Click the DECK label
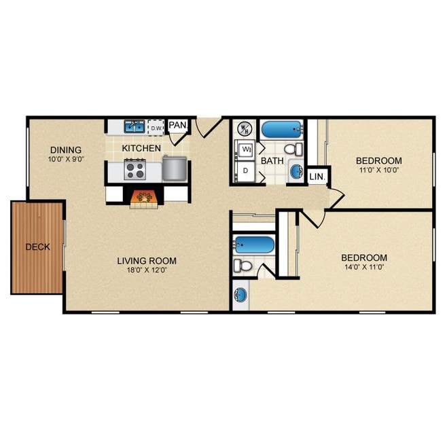click(x=37, y=247)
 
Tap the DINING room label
click(x=66, y=150)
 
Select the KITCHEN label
click(x=141, y=148)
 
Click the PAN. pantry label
click(x=177, y=125)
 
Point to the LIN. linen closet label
click(x=317, y=177)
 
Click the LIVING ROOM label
click(x=147, y=261)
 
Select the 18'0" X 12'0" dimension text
click(x=147, y=270)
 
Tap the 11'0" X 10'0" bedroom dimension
click(x=379, y=171)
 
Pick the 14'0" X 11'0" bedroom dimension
click(x=364, y=267)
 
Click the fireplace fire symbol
click(x=144, y=197)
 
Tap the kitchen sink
click(x=135, y=126)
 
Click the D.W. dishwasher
click(x=156, y=128)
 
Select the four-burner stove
click(x=135, y=169)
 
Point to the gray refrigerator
click(x=175, y=168)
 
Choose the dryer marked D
click(x=245, y=171)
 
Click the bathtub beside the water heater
click(x=282, y=130)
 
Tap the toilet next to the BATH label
click(x=293, y=149)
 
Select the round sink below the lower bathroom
click(x=240, y=295)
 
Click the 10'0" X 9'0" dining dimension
click(x=66, y=159)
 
